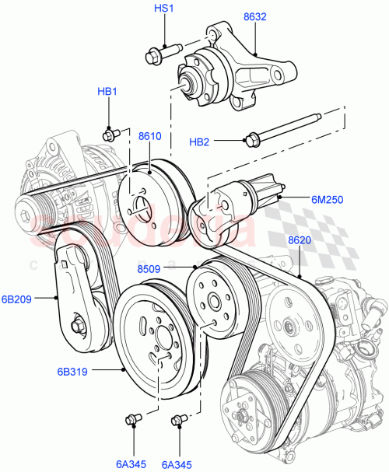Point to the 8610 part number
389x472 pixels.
pyautogui.click(x=149, y=136)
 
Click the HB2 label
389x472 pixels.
pyautogui.click(x=200, y=142)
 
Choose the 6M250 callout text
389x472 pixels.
pyautogui.click(x=327, y=199)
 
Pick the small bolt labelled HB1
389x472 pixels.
pyautogui.click(x=110, y=134)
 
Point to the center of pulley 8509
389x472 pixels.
pyautogui.click(x=210, y=301)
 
